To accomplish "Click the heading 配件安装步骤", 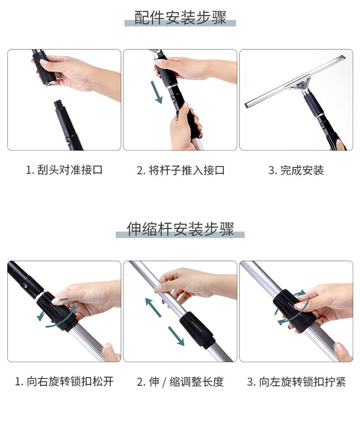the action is click(180, 18).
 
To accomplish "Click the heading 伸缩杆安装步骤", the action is click(180, 229).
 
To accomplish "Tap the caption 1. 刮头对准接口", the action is click(64, 170).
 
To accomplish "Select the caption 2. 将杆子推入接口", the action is click(180, 170).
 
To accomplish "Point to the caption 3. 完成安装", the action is click(296, 170).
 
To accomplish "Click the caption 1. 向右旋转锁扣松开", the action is click(64, 381).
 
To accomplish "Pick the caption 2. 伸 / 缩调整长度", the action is click(180, 382).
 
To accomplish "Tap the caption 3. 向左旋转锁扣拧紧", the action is click(296, 382).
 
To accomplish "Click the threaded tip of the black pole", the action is click(58, 105).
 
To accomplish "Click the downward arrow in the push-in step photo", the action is click(157, 92).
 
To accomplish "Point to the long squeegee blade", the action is click(295, 81).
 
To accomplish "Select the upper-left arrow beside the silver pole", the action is click(153, 307).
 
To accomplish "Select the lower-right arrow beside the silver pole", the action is click(176, 336).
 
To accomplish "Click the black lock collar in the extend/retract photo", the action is click(197, 329).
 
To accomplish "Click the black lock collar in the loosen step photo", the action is click(58, 311).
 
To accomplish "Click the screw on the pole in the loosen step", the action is click(26, 286).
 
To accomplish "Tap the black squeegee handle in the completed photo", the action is click(314, 104).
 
